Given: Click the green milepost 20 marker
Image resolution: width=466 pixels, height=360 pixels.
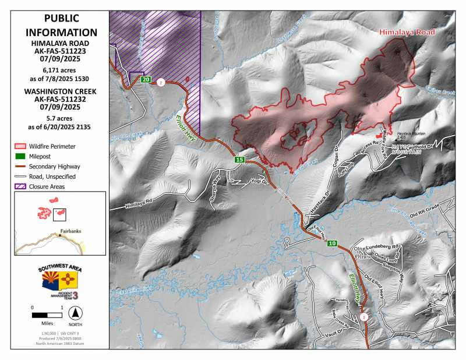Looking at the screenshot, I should [x=146, y=80].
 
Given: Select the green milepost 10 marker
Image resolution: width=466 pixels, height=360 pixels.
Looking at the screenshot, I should [x=332, y=243].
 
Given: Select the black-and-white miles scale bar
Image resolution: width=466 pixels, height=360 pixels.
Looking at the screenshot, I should [x=47, y=315].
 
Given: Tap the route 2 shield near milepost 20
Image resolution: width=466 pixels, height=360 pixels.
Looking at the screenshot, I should [x=161, y=82].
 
